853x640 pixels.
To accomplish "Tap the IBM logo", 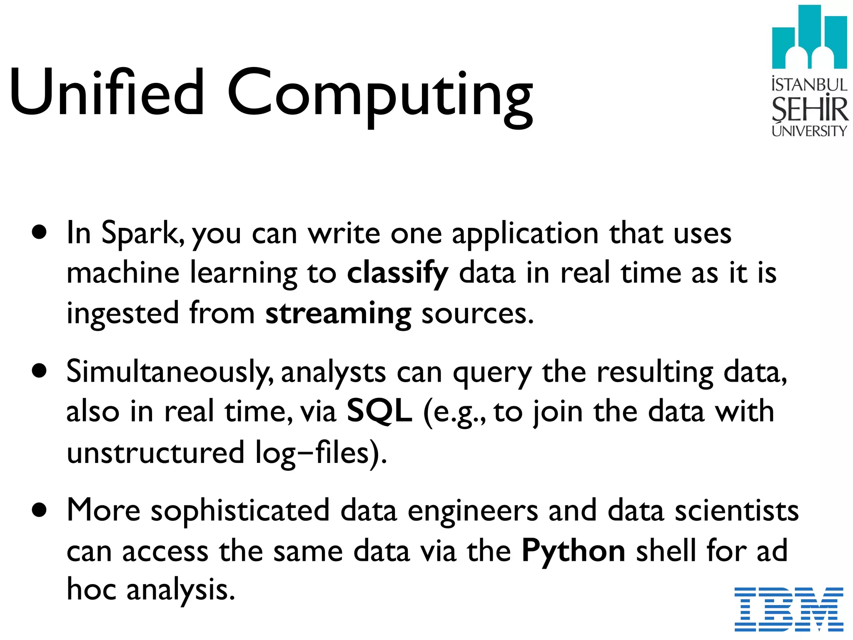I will (x=789, y=609).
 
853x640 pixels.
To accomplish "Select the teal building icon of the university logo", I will (x=809, y=37).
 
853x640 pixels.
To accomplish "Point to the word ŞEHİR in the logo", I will (x=810, y=109).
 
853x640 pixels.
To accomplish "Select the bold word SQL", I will (x=379, y=411).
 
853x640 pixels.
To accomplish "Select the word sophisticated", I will (x=240, y=511).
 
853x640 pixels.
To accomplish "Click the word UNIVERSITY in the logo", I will (x=809, y=131).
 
